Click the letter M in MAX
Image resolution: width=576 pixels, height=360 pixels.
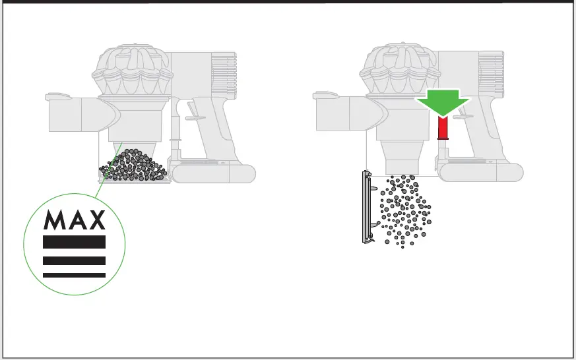[55, 220]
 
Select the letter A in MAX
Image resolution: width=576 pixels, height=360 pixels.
[75, 220]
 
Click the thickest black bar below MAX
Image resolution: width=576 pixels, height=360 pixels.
[74, 242]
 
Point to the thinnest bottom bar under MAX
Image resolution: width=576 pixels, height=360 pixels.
[74, 275]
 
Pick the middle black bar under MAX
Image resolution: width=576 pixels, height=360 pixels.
[74, 260]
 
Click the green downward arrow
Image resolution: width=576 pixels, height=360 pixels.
[442, 102]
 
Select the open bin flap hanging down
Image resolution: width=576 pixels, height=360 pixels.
[367, 206]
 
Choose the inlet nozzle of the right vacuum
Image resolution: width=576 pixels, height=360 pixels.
[339, 113]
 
